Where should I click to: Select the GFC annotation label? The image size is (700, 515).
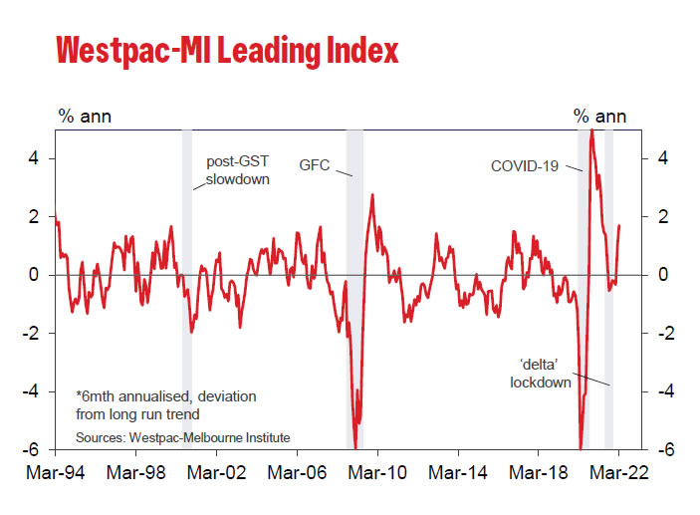click(x=313, y=164)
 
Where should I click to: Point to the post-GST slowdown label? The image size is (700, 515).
click(x=237, y=170)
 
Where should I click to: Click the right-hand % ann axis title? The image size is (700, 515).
click(x=599, y=116)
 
